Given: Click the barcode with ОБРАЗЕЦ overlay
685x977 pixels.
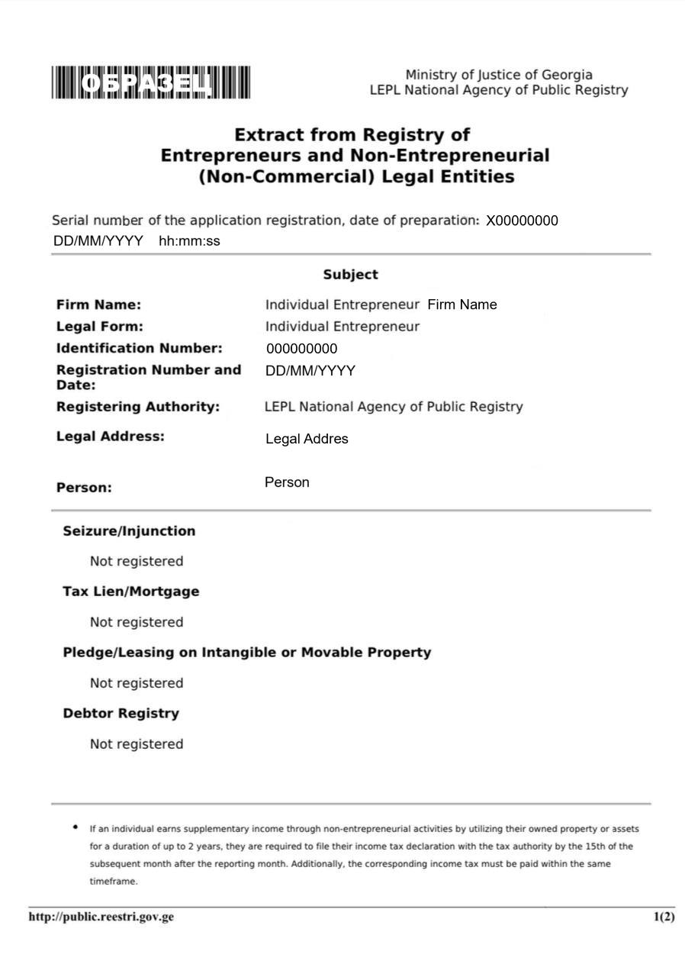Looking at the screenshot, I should click(x=151, y=82).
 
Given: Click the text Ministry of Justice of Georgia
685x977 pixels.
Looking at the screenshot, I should click(x=498, y=75).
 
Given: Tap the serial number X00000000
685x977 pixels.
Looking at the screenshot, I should click(x=522, y=221).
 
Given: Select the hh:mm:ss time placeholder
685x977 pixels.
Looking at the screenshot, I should click(x=189, y=241).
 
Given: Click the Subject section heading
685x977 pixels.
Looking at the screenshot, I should click(x=350, y=275).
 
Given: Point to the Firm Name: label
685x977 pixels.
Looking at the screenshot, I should click(x=98, y=305).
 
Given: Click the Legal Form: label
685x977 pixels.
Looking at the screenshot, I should click(x=100, y=327).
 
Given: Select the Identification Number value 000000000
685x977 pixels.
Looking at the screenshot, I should click(x=301, y=350).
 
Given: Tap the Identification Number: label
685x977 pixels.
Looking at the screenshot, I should click(x=140, y=349).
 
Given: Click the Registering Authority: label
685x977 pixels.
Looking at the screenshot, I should click(x=138, y=407).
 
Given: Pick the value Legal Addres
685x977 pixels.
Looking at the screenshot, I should click(x=307, y=439).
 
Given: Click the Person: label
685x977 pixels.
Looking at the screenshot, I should click(x=84, y=488).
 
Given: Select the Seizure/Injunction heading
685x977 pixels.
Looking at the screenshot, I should click(x=129, y=531).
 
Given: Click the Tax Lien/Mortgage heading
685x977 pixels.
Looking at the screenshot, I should click(x=131, y=592).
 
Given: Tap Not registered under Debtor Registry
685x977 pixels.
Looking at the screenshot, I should click(x=137, y=744).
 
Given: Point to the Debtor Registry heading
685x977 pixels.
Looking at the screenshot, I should click(x=121, y=714).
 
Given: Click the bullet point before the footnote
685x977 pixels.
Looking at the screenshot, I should click(x=75, y=827).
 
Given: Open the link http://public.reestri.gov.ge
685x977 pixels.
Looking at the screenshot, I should click(x=101, y=917).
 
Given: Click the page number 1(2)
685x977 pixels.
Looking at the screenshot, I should click(x=664, y=917).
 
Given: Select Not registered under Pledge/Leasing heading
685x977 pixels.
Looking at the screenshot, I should click(x=137, y=683).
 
